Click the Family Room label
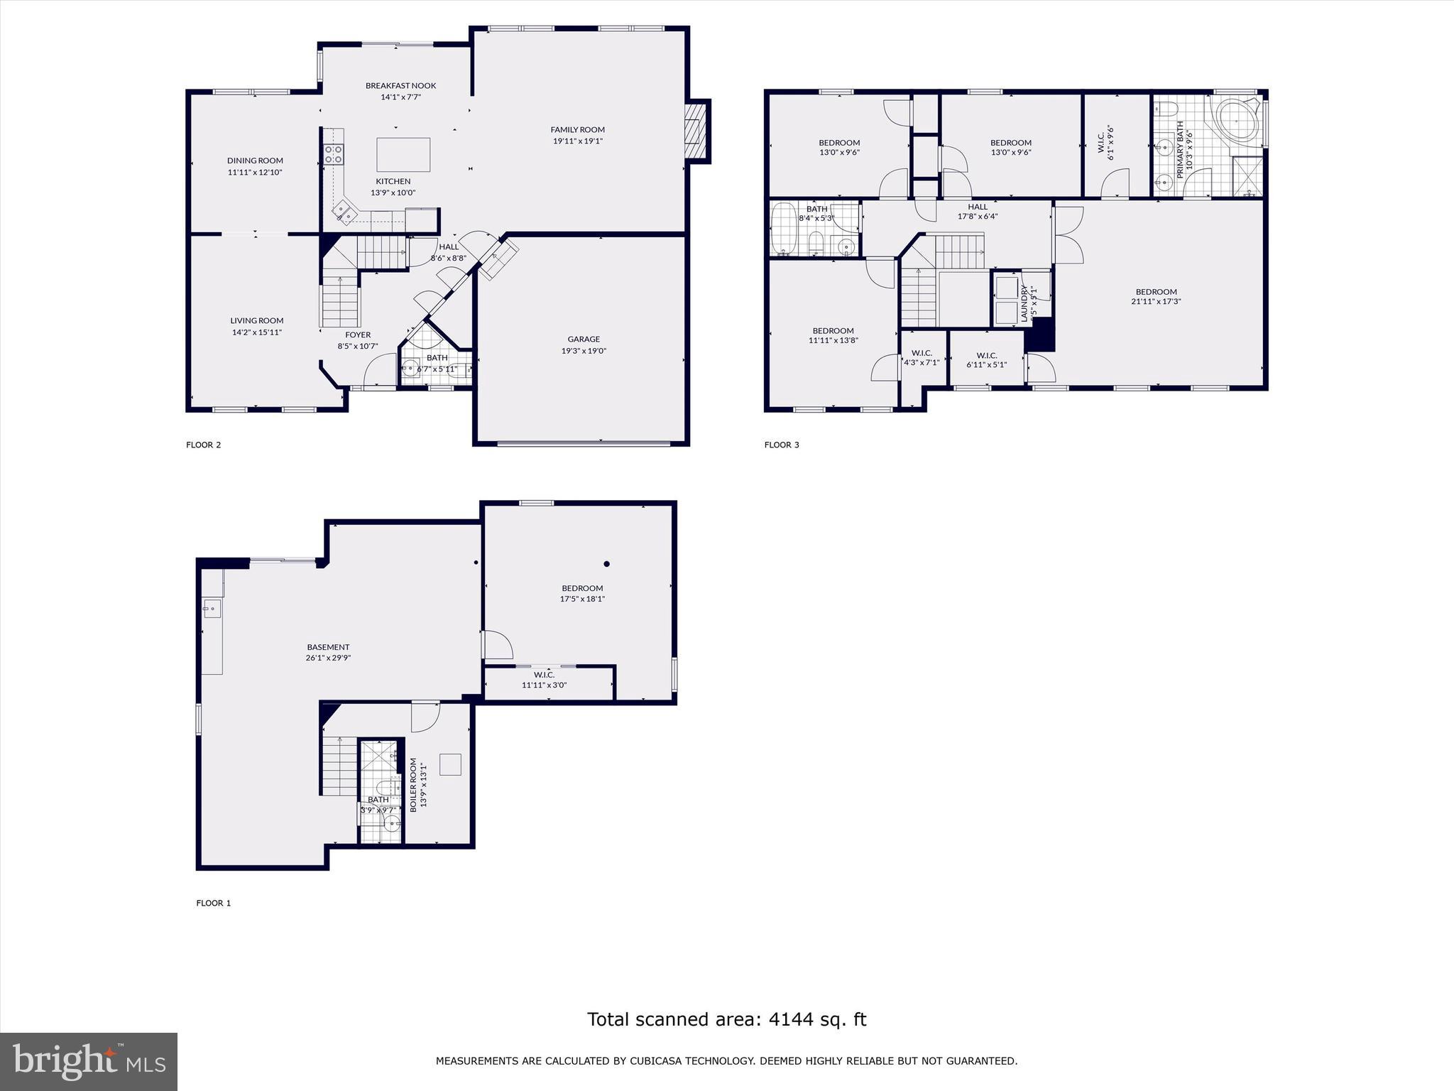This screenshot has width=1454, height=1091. [577, 129]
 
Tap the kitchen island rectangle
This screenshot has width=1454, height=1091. [403, 155]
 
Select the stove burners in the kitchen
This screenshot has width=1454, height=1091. [334, 154]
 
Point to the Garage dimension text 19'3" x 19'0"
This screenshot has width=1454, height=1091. [584, 351]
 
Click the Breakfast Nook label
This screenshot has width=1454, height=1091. [400, 86]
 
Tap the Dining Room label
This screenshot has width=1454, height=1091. [255, 161]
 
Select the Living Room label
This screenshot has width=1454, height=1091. [256, 320]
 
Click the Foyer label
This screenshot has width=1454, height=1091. [358, 335]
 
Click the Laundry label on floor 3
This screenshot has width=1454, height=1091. [1024, 303]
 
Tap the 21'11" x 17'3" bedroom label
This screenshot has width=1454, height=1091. [1156, 301]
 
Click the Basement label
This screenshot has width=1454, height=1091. [328, 647]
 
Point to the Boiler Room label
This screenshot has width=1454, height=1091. [414, 785]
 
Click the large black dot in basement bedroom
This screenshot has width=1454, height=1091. [606, 564]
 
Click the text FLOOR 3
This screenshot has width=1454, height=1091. [782, 445]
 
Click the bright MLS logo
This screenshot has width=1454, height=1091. [89, 1061]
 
